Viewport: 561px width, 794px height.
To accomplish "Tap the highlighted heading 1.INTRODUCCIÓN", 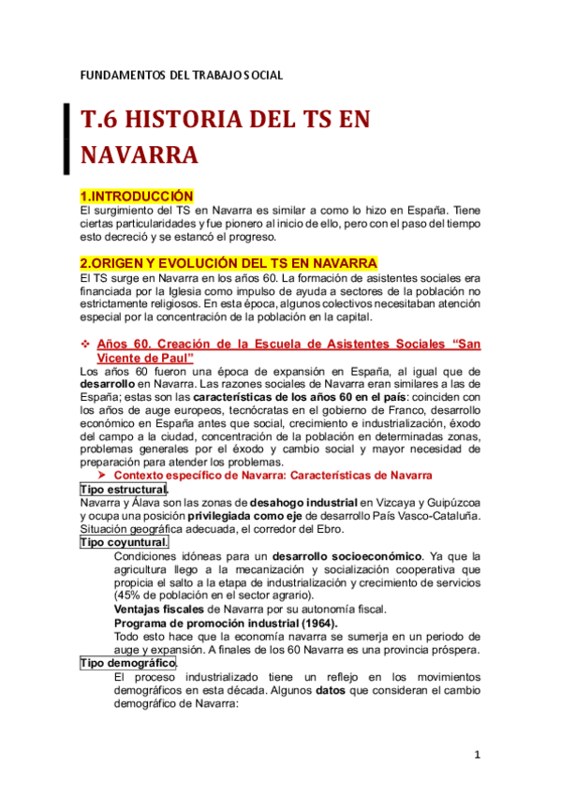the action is click(136, 196).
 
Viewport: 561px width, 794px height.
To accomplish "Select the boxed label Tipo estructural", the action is click(124, 490).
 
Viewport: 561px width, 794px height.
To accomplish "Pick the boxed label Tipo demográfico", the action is click(127, 662).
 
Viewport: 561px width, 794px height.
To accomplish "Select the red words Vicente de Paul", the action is click(144, 358).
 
